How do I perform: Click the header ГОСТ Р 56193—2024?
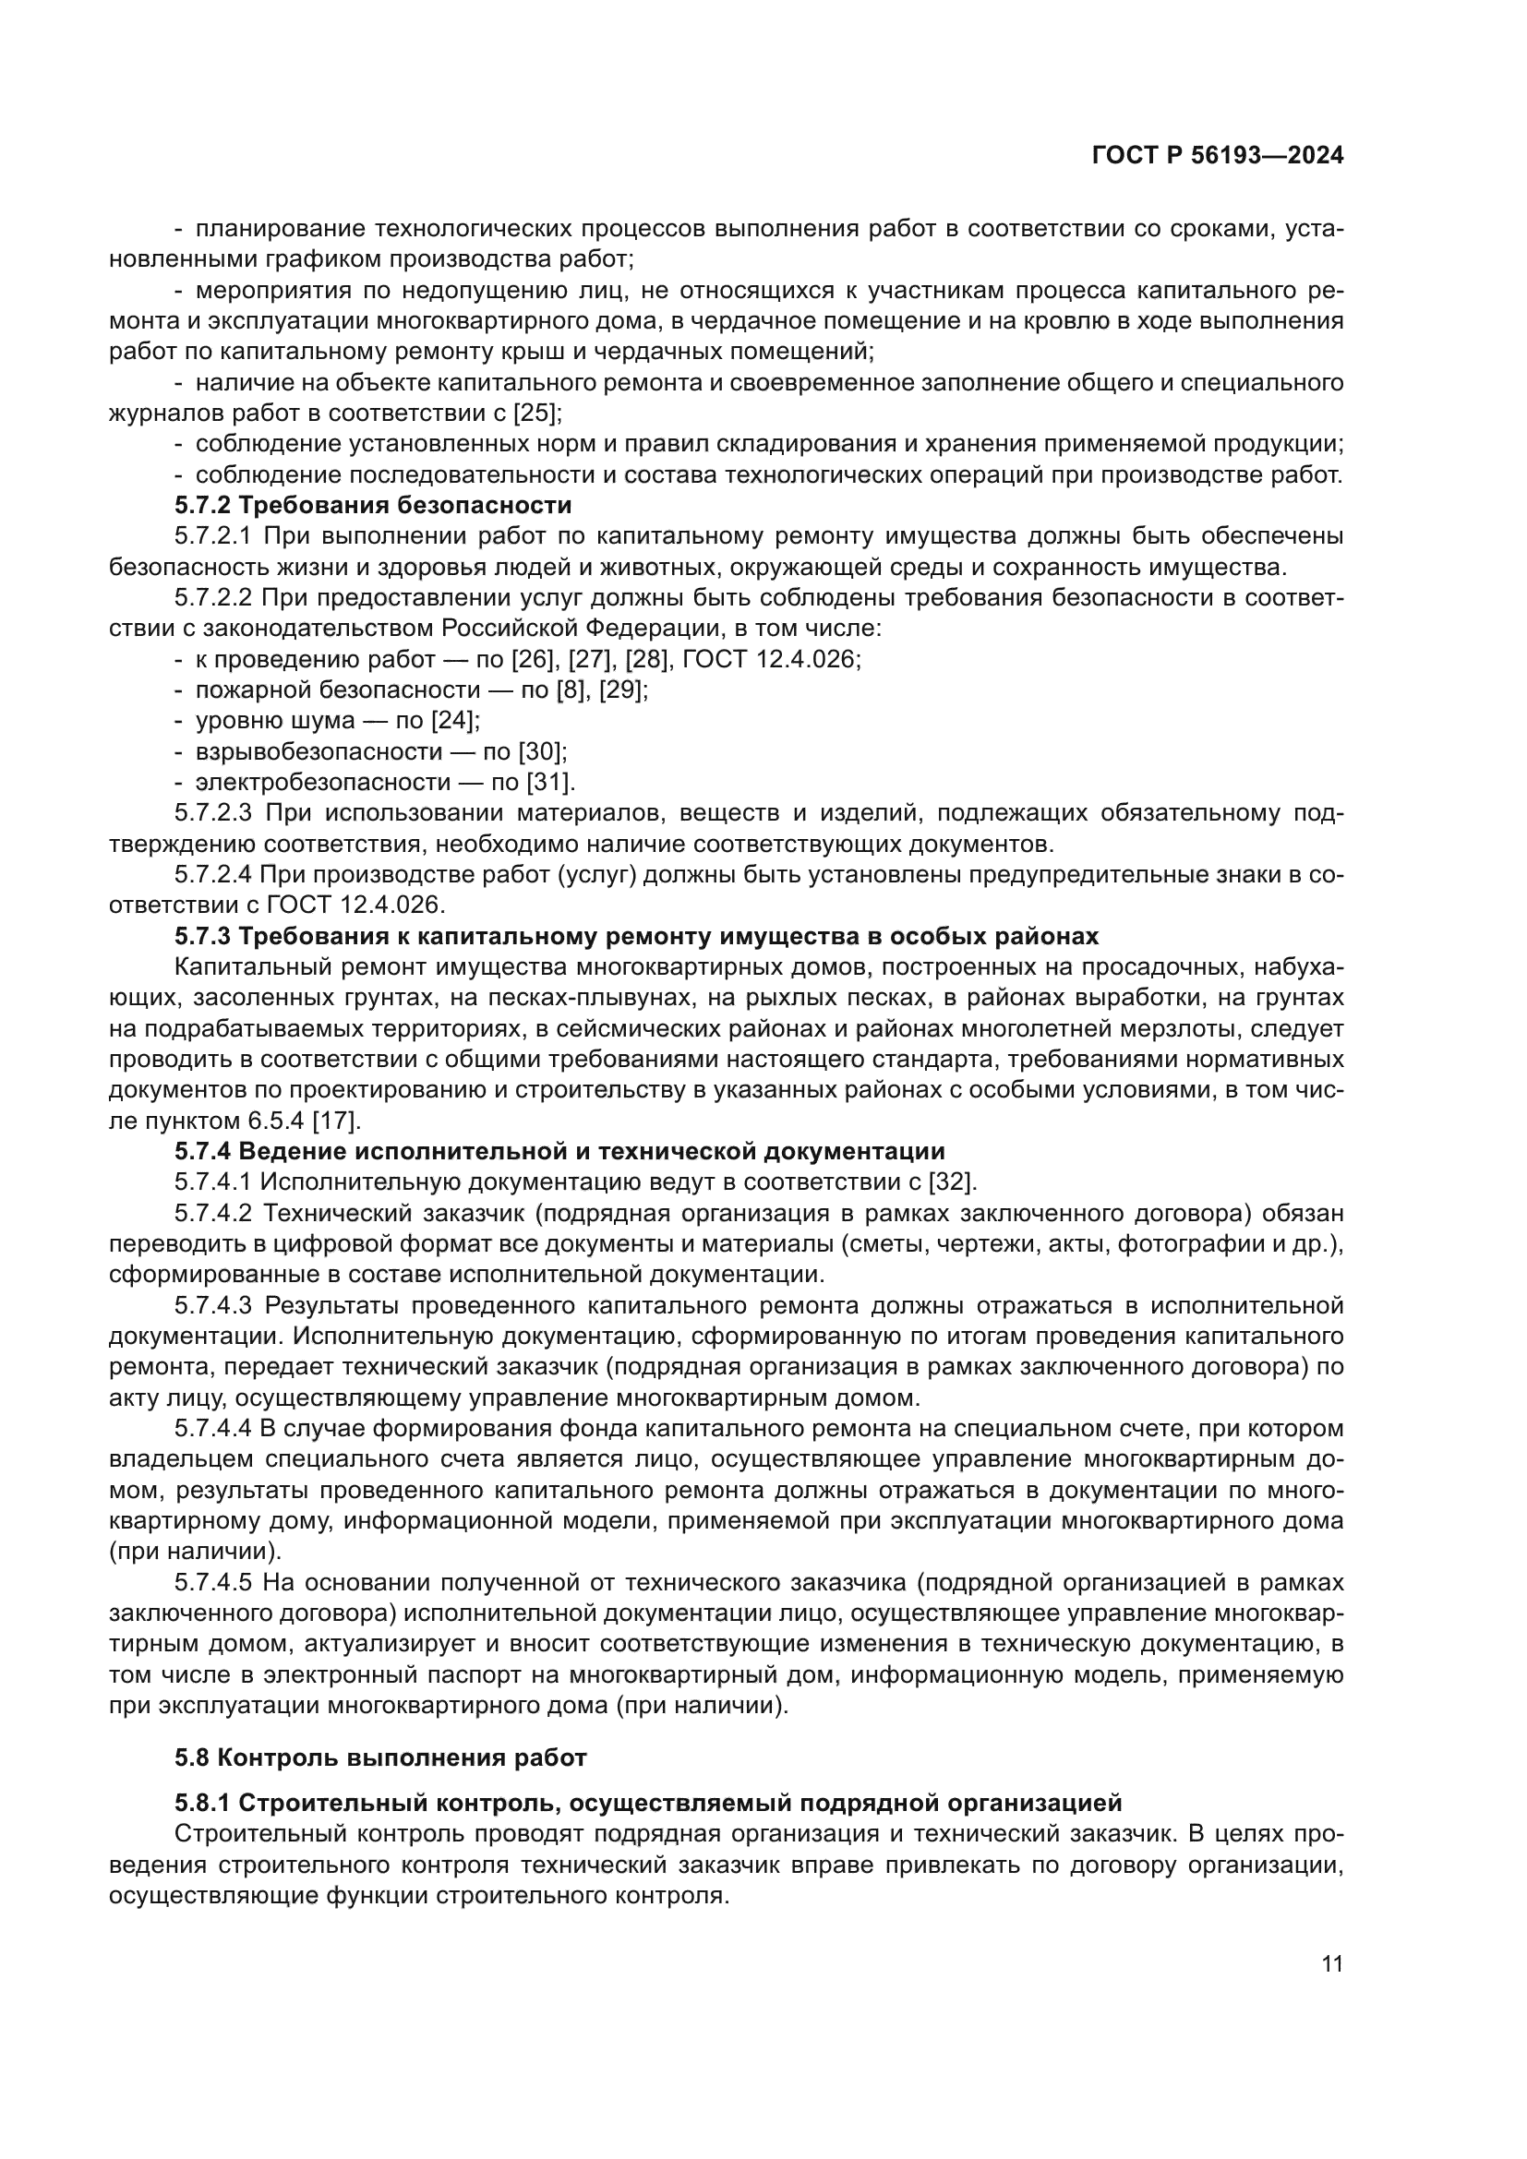coord(1217,156)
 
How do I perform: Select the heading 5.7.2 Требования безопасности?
coord(372,506)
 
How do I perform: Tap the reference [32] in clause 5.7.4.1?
coord(952,1182)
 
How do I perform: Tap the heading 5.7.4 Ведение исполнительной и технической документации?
coord(559,1151)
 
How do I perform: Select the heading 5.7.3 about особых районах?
coord(637,937)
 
